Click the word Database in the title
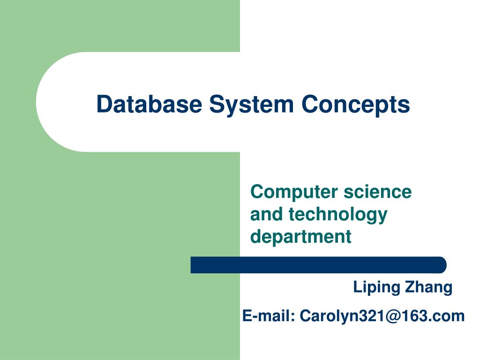(149, 104)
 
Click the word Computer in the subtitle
(294, 193)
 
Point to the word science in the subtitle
(377, 192)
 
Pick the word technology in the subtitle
(338, 215)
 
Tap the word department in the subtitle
(300, 237)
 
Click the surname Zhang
(428, 288)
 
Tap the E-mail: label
(269, 315)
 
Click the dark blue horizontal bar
(318, 265)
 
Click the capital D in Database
(104, 104)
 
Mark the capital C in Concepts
(310, 104)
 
